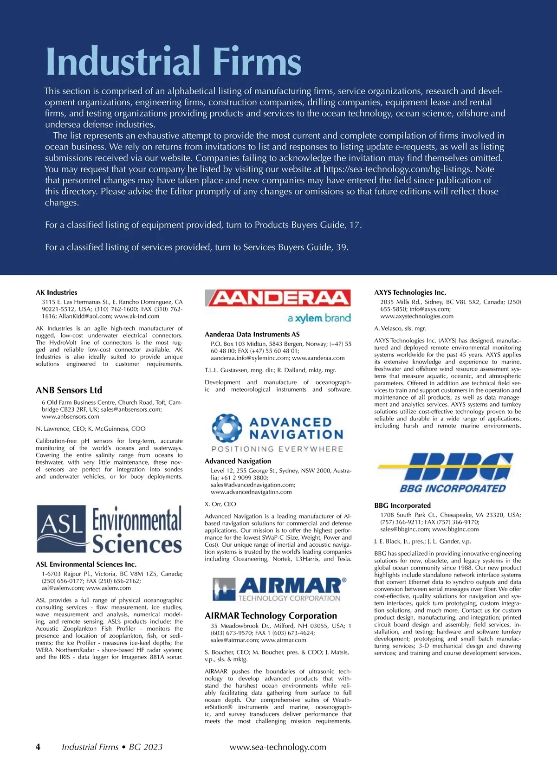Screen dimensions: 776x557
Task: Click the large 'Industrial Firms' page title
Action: pos(174,62)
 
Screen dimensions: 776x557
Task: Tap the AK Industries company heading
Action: pos(57,292)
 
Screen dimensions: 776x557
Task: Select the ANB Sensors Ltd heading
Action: pos(69,390)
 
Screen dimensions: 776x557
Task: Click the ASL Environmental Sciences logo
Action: pos(109,530)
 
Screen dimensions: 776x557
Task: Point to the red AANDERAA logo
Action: pos(278,297)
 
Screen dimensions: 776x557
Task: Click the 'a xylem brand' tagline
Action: pos(319,318)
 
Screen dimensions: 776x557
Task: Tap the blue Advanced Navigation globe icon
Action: pos(227,428)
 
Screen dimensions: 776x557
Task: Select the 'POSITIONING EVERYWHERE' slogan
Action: pos(278,449)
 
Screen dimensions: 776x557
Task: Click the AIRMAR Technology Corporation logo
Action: pos(278,589)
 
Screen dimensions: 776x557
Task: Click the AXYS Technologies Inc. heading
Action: pos(410,292)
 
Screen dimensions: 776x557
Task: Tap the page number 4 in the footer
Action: pos(38,747)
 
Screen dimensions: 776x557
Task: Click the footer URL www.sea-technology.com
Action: pos(278,747)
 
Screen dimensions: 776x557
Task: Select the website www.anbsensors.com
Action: pos(71,417)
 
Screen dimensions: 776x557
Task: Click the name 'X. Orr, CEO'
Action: pos(220,504)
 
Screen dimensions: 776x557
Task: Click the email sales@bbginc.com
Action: pos(405,529)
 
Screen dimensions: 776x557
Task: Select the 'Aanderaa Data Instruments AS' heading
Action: pos(252,334)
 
